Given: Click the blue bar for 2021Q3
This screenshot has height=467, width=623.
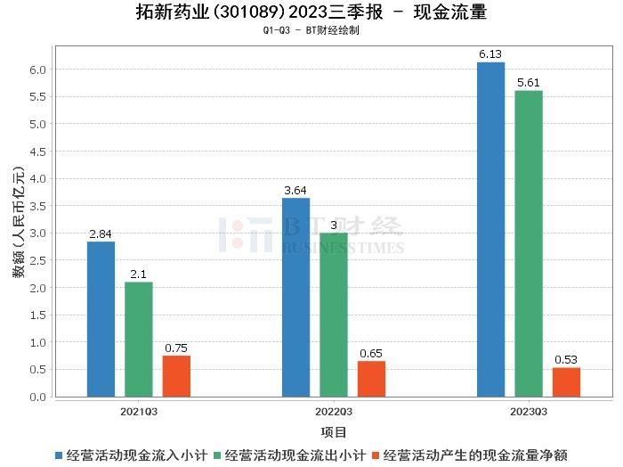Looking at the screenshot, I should [101, 319].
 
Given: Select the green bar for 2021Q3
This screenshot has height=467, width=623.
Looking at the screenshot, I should [139, 339].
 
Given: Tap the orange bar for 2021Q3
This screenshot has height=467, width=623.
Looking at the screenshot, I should [176, 376].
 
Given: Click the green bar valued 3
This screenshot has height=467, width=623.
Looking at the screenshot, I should [334, 315].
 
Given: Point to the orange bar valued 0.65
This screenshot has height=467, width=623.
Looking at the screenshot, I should [371, 379].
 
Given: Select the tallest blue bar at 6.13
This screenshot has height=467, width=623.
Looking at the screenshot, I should [490, 229].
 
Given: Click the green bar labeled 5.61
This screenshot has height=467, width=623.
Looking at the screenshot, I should [528, 243].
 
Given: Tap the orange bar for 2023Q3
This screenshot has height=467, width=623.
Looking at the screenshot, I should [566, 381].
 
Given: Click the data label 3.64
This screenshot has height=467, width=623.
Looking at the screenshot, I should [295, 190].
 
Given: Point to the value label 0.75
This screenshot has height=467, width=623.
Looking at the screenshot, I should [176, 348].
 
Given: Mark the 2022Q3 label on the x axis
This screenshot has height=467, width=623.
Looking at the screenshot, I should [334, 412].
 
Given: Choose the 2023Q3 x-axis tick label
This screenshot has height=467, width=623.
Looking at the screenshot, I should [528, 412].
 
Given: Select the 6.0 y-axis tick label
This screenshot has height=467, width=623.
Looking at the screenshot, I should [37, 70].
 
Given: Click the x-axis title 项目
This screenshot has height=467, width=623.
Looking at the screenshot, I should [334, 432].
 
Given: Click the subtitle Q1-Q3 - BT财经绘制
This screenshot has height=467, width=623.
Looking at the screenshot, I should [311, 30].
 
